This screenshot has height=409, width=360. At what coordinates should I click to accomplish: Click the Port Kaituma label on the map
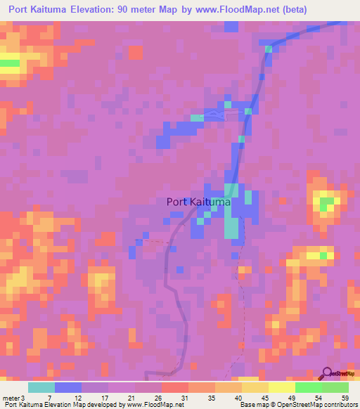(x=200, y=202)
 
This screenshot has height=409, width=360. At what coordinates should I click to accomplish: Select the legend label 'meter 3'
(x=14, y=398)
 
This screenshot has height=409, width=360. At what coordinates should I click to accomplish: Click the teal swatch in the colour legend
(x=41, y=387)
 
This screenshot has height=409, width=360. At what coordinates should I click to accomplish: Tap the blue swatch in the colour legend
(x=68, y=387)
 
